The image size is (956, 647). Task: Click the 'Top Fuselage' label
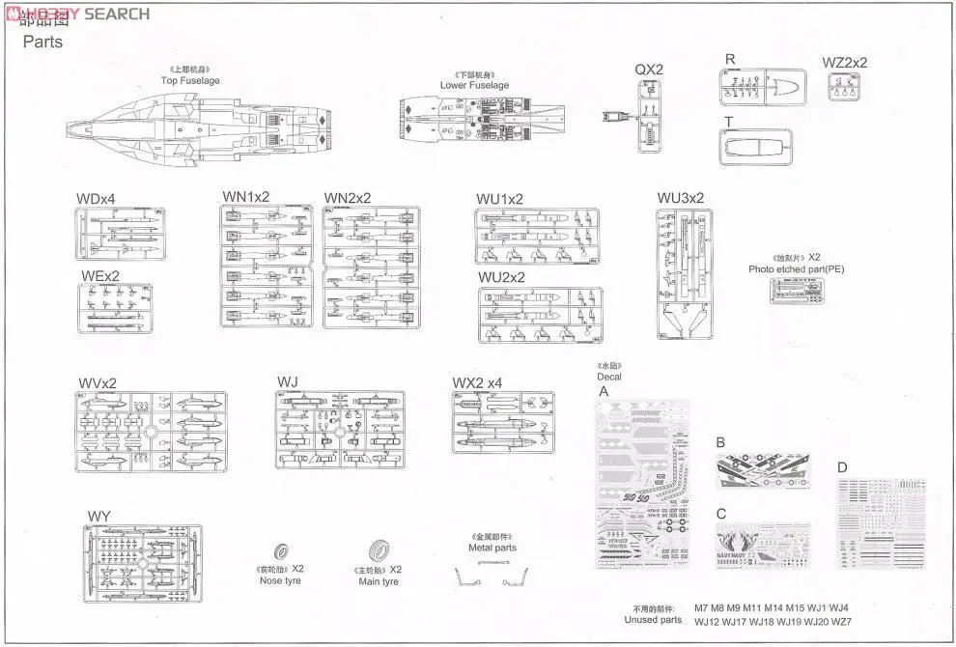[190, 80]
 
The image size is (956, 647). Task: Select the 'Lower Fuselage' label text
[474, 85]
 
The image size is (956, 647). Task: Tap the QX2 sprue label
[649, 70]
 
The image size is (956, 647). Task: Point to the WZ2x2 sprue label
[845, 63]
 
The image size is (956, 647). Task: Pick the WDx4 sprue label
[96, 199]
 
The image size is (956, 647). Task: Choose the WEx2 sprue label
[100, 275]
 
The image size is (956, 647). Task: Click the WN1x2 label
[246, 197]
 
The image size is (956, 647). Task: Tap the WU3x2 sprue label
[681, 198]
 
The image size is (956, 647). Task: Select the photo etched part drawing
[796, 290]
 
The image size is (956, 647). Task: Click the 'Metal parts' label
[492, 548]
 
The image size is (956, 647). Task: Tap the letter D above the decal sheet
[842, 468]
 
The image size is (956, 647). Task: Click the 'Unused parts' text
[653, 620]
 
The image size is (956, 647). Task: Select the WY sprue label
[98, 517]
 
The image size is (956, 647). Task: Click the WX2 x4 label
[477, 383]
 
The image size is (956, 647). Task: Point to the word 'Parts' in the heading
[42, 42]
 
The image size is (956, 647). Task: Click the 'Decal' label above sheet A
[609, 377]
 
